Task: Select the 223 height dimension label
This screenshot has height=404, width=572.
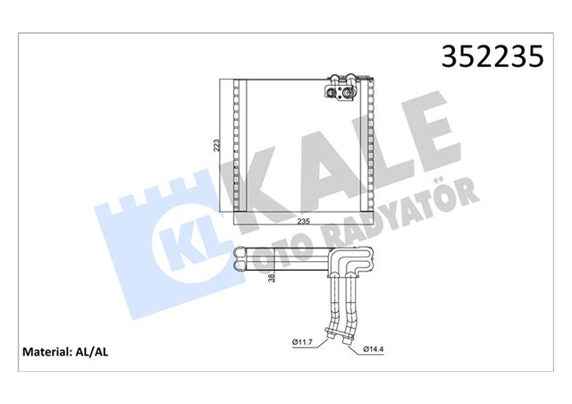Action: [215, 147]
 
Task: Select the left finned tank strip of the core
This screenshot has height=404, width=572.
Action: [237, 147]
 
